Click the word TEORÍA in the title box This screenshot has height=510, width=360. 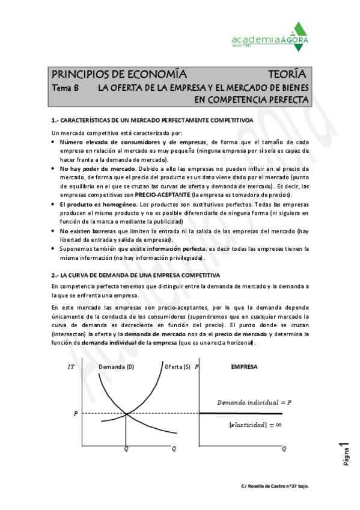[288, 75]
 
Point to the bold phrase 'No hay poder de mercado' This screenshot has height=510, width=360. [88, 169]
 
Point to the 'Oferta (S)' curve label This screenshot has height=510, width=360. [177, 366]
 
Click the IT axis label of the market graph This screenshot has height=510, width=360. [71, 366]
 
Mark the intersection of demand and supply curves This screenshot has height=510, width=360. [125, 413]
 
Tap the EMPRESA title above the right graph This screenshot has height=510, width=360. [245, 366]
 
